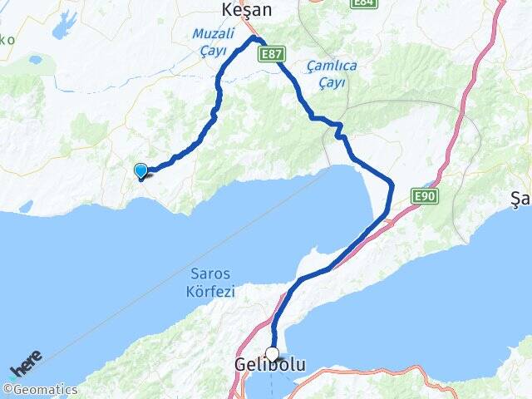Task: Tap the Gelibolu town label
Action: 270,366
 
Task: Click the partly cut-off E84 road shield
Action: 362,3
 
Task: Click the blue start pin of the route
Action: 141,171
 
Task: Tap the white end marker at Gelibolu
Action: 272,354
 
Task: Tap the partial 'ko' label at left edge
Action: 7,39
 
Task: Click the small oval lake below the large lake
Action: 36,60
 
